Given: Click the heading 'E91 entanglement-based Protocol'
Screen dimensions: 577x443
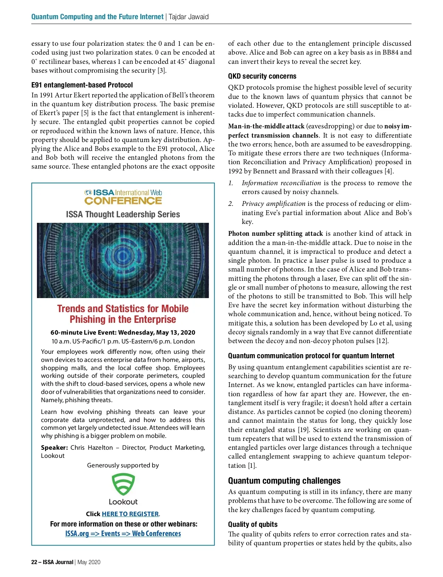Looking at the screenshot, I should point(82,85).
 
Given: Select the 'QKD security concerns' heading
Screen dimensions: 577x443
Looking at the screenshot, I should point(262,76).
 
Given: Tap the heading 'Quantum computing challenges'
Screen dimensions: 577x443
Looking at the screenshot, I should point(284,481).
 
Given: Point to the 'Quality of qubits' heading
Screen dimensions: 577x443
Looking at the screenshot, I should point(253,524).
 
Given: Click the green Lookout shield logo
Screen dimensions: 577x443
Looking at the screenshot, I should point(123,484).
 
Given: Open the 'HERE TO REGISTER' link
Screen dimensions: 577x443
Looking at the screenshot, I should point(130,514).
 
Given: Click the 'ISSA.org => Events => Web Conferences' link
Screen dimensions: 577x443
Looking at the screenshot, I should point(123,533).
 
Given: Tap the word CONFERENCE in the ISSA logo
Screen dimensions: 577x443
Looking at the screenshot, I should point(123,201).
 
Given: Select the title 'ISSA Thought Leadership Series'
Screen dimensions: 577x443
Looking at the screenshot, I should point(123,214).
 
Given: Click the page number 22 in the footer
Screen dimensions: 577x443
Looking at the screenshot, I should point(34,562).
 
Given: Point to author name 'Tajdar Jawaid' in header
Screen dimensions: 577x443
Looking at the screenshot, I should point(189,17).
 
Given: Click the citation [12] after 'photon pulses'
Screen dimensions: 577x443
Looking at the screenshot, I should point(382,341).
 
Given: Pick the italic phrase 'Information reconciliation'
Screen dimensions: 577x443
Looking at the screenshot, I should point(281,183).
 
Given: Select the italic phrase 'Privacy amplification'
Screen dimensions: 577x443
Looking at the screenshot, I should point(274,204).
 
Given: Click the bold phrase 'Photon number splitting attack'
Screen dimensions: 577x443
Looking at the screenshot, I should point(275,234).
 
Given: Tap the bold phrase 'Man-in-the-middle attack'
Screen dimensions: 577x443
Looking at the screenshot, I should point(266,126).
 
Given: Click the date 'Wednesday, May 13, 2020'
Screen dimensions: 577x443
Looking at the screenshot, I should point(157,332).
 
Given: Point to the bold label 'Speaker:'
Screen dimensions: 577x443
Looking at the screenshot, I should point(54,448).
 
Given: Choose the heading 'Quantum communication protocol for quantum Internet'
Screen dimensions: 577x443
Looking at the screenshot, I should point(311,356).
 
